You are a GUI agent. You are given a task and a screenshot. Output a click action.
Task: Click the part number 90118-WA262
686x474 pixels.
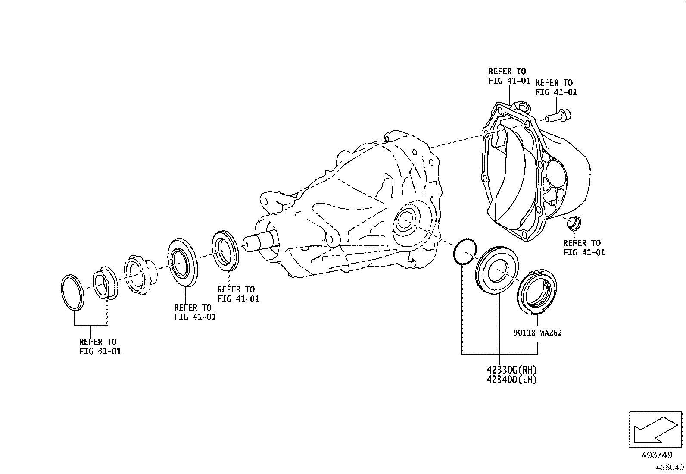pos(537,333)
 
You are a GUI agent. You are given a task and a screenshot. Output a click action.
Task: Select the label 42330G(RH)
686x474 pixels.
pos(512,370)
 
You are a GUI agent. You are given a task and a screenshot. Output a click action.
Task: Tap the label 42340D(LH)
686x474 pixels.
pos(512,380)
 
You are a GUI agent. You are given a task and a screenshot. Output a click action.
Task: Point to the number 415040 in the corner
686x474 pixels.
pos(670,467)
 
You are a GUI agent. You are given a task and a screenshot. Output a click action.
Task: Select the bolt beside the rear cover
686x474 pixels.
pos(558,116)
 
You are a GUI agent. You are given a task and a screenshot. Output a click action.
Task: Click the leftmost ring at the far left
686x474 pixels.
pos(72,292)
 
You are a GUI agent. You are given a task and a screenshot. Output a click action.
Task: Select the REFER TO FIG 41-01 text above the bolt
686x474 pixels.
pos(555,87)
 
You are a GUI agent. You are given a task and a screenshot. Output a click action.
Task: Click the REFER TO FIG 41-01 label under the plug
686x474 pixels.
pos(584,248)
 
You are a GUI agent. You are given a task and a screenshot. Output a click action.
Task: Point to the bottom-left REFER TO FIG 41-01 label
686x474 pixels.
pos(99,347)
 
